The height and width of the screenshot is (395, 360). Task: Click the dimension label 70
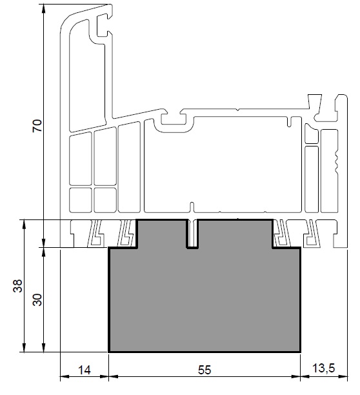[x=37, y=126]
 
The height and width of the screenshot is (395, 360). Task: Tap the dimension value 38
[x=17, y=286]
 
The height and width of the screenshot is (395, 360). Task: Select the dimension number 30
[x=37, y=299]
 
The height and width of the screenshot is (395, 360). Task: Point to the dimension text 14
[x=85, y=370]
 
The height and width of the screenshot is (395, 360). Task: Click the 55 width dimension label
[x=204, y=370]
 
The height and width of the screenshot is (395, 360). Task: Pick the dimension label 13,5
[x=324, y=369]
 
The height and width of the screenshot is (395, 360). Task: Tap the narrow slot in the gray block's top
[x=192, y=234]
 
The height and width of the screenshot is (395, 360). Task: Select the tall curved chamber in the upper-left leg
[x=87, y=76]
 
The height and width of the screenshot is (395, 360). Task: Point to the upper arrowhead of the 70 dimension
[x=44, y=10]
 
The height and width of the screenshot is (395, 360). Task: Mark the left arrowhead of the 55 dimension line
[x=114, y=377]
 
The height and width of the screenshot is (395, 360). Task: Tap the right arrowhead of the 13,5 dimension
[x=343, y=377]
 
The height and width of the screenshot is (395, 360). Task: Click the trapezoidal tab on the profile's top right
[x=315, y=101]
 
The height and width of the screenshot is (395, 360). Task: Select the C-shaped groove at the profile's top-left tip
[x=103, y=25]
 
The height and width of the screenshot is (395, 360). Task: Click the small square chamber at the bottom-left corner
[x=81, y=200]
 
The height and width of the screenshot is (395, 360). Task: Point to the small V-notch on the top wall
[x=237, y=110]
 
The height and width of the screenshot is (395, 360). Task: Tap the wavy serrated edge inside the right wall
[x=336, y=163]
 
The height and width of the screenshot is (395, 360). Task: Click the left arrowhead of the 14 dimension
[x=65, y=377]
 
